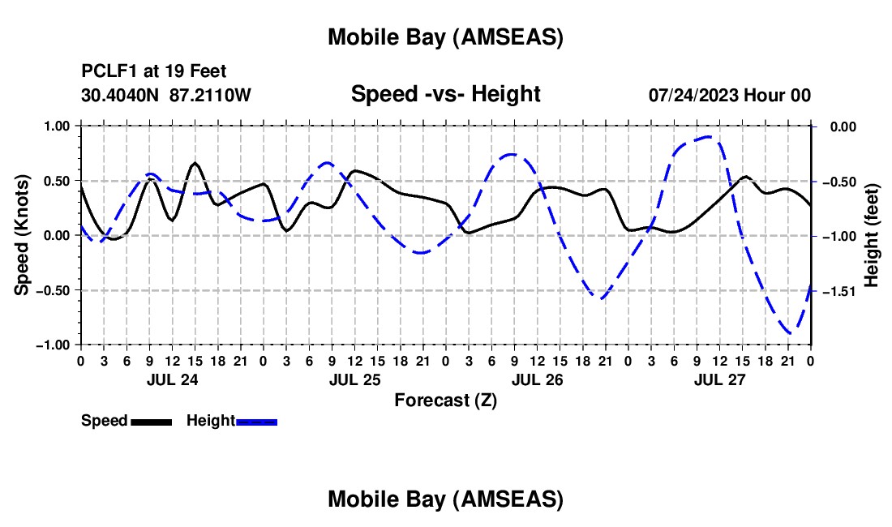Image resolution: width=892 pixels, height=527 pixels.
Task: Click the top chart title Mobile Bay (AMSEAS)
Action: (x=445, y=37)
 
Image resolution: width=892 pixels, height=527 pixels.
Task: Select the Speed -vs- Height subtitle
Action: (x=445, y=94)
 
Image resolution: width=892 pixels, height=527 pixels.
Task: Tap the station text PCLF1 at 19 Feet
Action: (x=154, y=71)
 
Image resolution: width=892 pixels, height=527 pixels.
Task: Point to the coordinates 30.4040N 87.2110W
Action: (x=166, y=95)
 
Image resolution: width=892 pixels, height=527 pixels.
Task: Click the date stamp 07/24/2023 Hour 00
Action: (x=730, y=95)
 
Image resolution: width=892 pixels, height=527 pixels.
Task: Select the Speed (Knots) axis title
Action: (x=24, y=235)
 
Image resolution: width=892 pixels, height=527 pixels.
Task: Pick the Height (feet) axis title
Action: (x=872, y=235)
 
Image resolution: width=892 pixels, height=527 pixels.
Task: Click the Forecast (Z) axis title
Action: (x=445, y=400)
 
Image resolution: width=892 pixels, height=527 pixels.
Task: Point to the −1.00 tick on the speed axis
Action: (x=54, y=345)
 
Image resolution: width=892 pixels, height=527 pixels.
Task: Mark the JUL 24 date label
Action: (x=171, y=379)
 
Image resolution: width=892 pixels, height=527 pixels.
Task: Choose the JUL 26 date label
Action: (x=537, y=379)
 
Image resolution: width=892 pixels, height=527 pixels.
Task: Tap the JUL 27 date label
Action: (x=719, y=379)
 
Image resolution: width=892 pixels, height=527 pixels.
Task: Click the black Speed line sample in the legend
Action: (x=151, y=422)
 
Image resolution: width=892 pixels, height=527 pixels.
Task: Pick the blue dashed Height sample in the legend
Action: (x=257, y=422)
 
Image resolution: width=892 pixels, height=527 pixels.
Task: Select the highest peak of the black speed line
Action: (x=195, y=163)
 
